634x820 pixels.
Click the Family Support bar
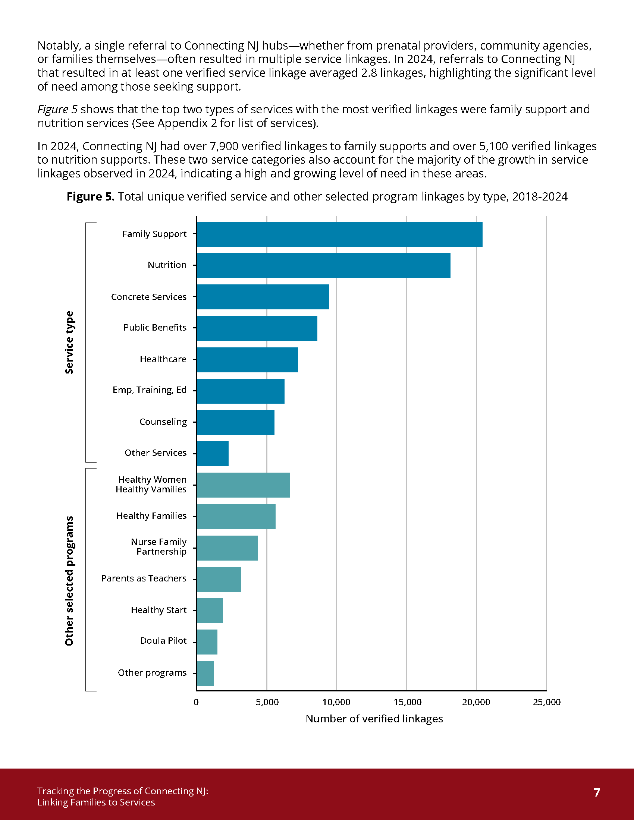339,234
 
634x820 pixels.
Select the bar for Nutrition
323,265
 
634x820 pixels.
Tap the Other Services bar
213,454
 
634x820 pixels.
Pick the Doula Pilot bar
207,642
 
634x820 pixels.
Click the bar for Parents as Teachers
219,579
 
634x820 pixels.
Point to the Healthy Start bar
210,611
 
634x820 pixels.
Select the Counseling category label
163,422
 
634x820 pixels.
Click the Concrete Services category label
149,297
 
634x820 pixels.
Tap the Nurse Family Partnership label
158,547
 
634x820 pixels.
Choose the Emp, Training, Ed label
150,390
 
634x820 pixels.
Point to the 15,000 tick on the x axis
407,702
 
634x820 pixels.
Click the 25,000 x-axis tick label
546,702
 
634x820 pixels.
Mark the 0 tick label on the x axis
196,702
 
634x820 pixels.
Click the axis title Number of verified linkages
374,719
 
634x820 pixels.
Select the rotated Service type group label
69,342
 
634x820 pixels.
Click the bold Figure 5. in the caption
91,196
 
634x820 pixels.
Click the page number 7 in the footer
597,792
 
